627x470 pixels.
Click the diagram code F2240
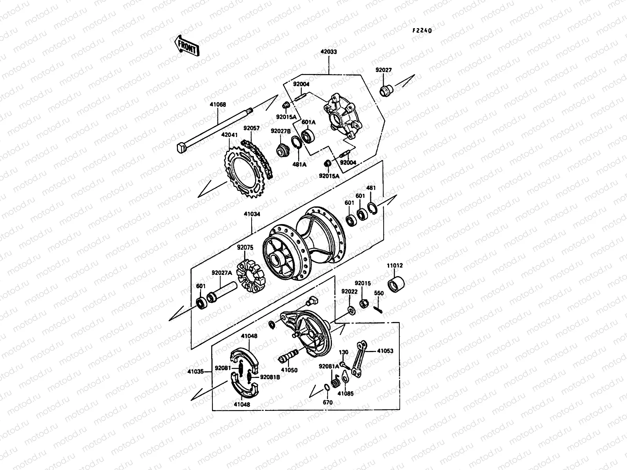[421, 30]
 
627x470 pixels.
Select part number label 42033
[328, 51]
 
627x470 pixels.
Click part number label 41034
[252, 215]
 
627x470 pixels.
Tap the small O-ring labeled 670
[326, 388]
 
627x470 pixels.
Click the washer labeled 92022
[350, 311]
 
